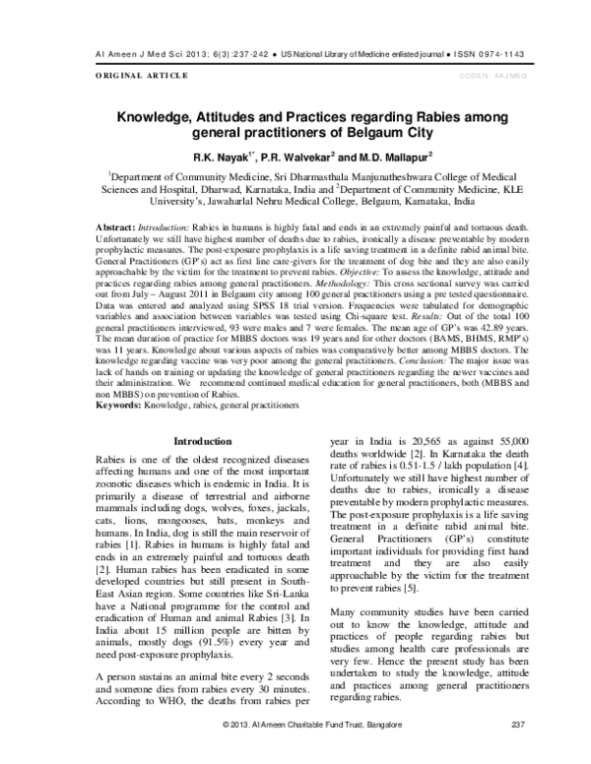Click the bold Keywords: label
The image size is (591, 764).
pos(123,406)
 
